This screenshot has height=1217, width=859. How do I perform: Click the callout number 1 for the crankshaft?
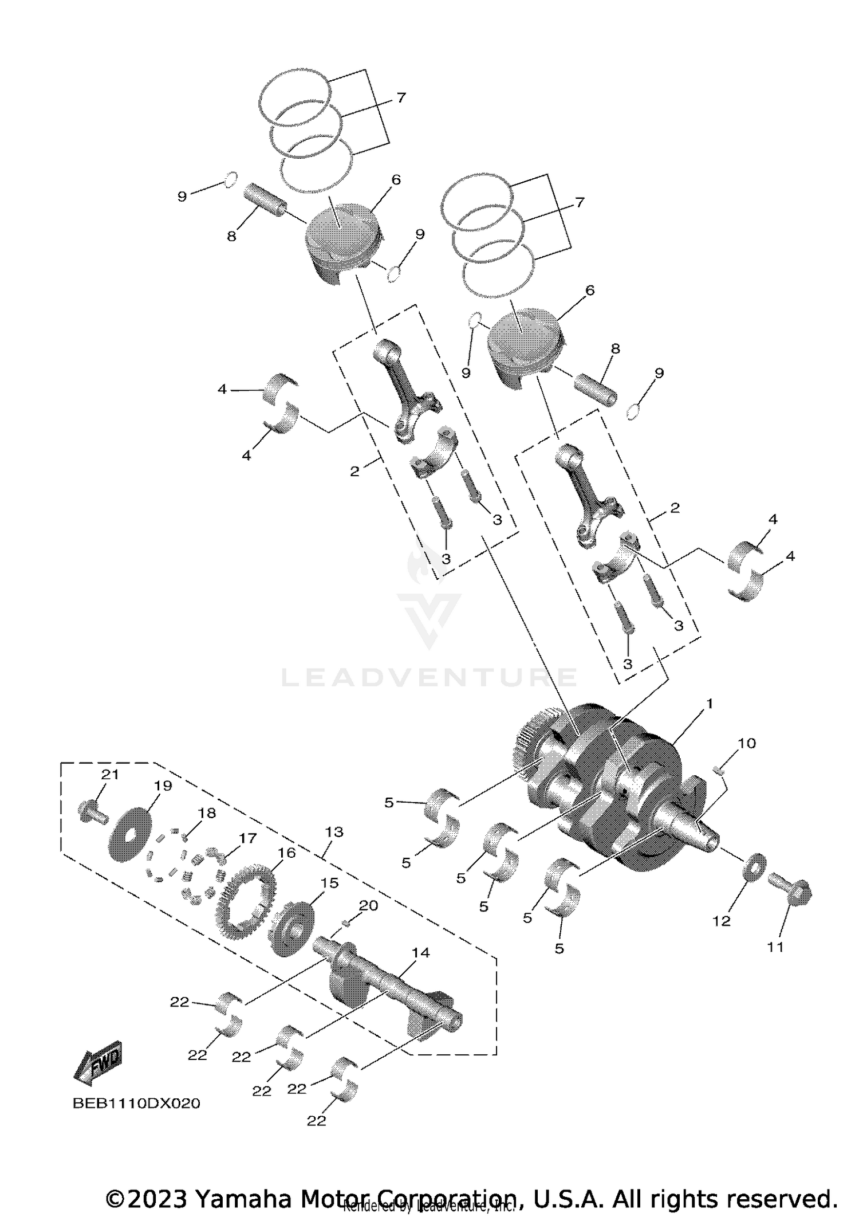tap(710, 704)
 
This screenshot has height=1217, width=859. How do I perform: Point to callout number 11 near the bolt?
tap(775, 948)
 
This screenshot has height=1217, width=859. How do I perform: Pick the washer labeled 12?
tap(754, 869)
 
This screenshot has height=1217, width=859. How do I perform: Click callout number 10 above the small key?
tap(747, 744)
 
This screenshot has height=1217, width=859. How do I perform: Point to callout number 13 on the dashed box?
tap(334, 832)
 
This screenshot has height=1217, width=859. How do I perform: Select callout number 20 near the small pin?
tap(368, 906)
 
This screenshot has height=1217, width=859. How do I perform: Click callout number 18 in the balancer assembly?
tap(207, 814)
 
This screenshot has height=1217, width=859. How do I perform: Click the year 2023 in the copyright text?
tap(159, 1199)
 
